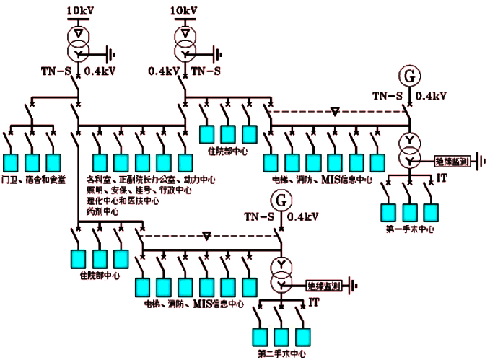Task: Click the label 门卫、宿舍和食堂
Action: (x=34, y=179)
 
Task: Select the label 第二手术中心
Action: (x=281, y=354)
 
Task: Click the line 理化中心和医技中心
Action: (x=123, y=201)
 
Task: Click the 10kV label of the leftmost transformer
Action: (x=79, y=12)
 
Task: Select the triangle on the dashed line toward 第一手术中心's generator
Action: (x=334, y=111)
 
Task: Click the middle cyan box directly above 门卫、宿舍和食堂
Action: (x=33, y=161)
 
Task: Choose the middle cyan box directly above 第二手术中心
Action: (x=281, y=335)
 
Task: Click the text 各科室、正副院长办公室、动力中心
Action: (x=151, y=179)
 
